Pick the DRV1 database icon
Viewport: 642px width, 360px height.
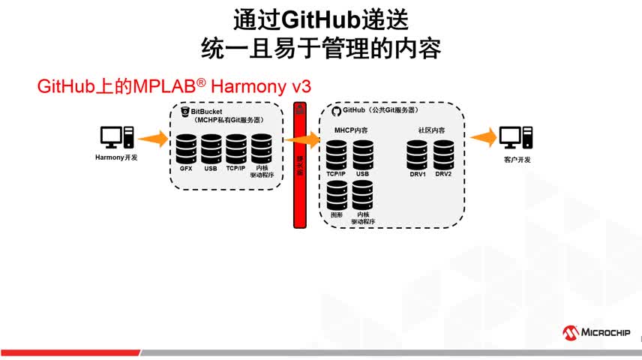[418, 154]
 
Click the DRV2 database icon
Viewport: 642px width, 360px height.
[443, 154]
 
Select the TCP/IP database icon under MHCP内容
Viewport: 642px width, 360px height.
[337, 154]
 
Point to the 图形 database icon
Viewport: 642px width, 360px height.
[337, 194]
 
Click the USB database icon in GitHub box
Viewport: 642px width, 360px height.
[363, 154]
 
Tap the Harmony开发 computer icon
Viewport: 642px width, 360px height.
[117, 137]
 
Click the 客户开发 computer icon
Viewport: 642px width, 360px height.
[516, 137]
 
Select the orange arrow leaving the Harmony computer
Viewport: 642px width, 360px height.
[154, 138]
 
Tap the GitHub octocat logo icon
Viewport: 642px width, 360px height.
[335, 111]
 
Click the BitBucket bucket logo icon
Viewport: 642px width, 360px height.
[184, 111]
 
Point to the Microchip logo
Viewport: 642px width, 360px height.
[597, 332]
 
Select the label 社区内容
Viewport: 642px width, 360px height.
[431, 130]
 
